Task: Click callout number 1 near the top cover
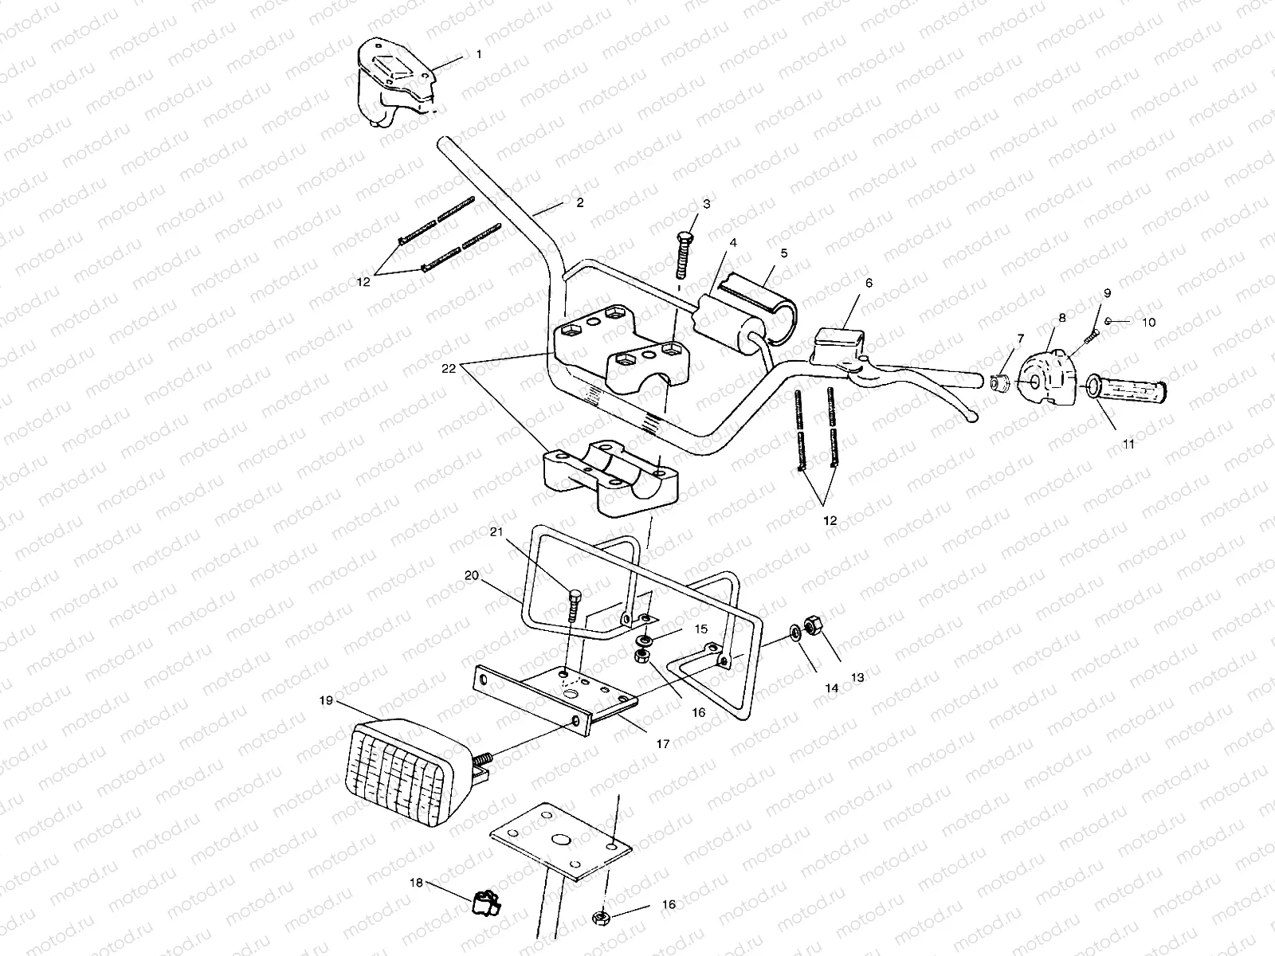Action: point(479,55)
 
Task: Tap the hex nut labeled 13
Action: point(814,625)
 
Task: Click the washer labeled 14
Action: point(794,633)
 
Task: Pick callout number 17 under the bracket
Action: point(662,743)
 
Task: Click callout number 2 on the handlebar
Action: point(579,203)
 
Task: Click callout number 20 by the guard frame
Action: point(471,574)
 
